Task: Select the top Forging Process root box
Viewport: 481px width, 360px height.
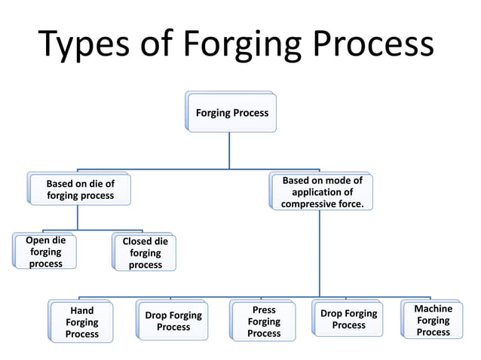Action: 232,113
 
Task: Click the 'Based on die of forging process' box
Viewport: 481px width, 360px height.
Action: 80,189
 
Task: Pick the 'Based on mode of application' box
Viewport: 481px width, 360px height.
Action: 322,192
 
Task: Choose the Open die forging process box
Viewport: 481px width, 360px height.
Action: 45,252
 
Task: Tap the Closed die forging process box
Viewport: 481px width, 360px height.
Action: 145,253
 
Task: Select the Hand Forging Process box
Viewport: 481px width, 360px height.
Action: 81,322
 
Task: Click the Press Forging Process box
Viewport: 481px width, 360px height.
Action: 264,322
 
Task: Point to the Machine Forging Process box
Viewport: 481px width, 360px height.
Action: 433,320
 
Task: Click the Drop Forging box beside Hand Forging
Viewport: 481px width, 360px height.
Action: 173,322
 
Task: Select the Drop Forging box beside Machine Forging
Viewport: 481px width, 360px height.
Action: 348,319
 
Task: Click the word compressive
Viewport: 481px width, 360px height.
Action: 306,204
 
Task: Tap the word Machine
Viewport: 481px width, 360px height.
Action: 433,309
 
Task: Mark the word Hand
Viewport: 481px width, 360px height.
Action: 81,311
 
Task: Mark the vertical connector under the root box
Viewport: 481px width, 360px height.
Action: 230,151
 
